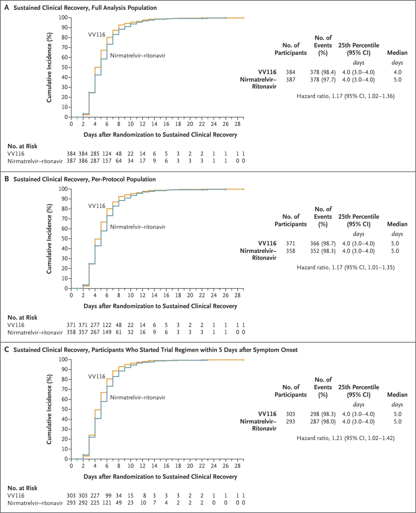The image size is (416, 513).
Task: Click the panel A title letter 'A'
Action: coord(7,7)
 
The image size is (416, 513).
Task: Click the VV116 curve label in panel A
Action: coord(97,35)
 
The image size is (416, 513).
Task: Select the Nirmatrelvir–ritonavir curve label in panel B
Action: coord(138,227)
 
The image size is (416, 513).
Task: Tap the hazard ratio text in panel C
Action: coord(346,438)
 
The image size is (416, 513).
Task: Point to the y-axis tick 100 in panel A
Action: coord(63,18)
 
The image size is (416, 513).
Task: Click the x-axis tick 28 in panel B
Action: coord(237,295)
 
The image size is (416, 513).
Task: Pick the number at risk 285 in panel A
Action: coord(95,154)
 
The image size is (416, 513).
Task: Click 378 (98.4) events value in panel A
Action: coord(323,72)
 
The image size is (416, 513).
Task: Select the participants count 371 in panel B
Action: coord(290,244)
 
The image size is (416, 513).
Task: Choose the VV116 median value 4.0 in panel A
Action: coord(398,72)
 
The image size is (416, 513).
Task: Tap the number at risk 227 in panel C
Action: coord(95,496)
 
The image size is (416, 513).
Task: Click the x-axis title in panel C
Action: coord(160,477)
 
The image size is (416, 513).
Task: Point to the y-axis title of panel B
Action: coord(49,239)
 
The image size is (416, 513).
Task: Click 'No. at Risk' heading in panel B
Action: coord(22,318)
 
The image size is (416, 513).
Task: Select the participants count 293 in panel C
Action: coord(290,422)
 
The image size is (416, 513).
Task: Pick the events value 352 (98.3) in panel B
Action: coord(323,251)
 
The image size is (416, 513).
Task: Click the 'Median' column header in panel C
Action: coord(397,395)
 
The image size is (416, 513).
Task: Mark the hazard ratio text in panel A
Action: coord(346,96)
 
